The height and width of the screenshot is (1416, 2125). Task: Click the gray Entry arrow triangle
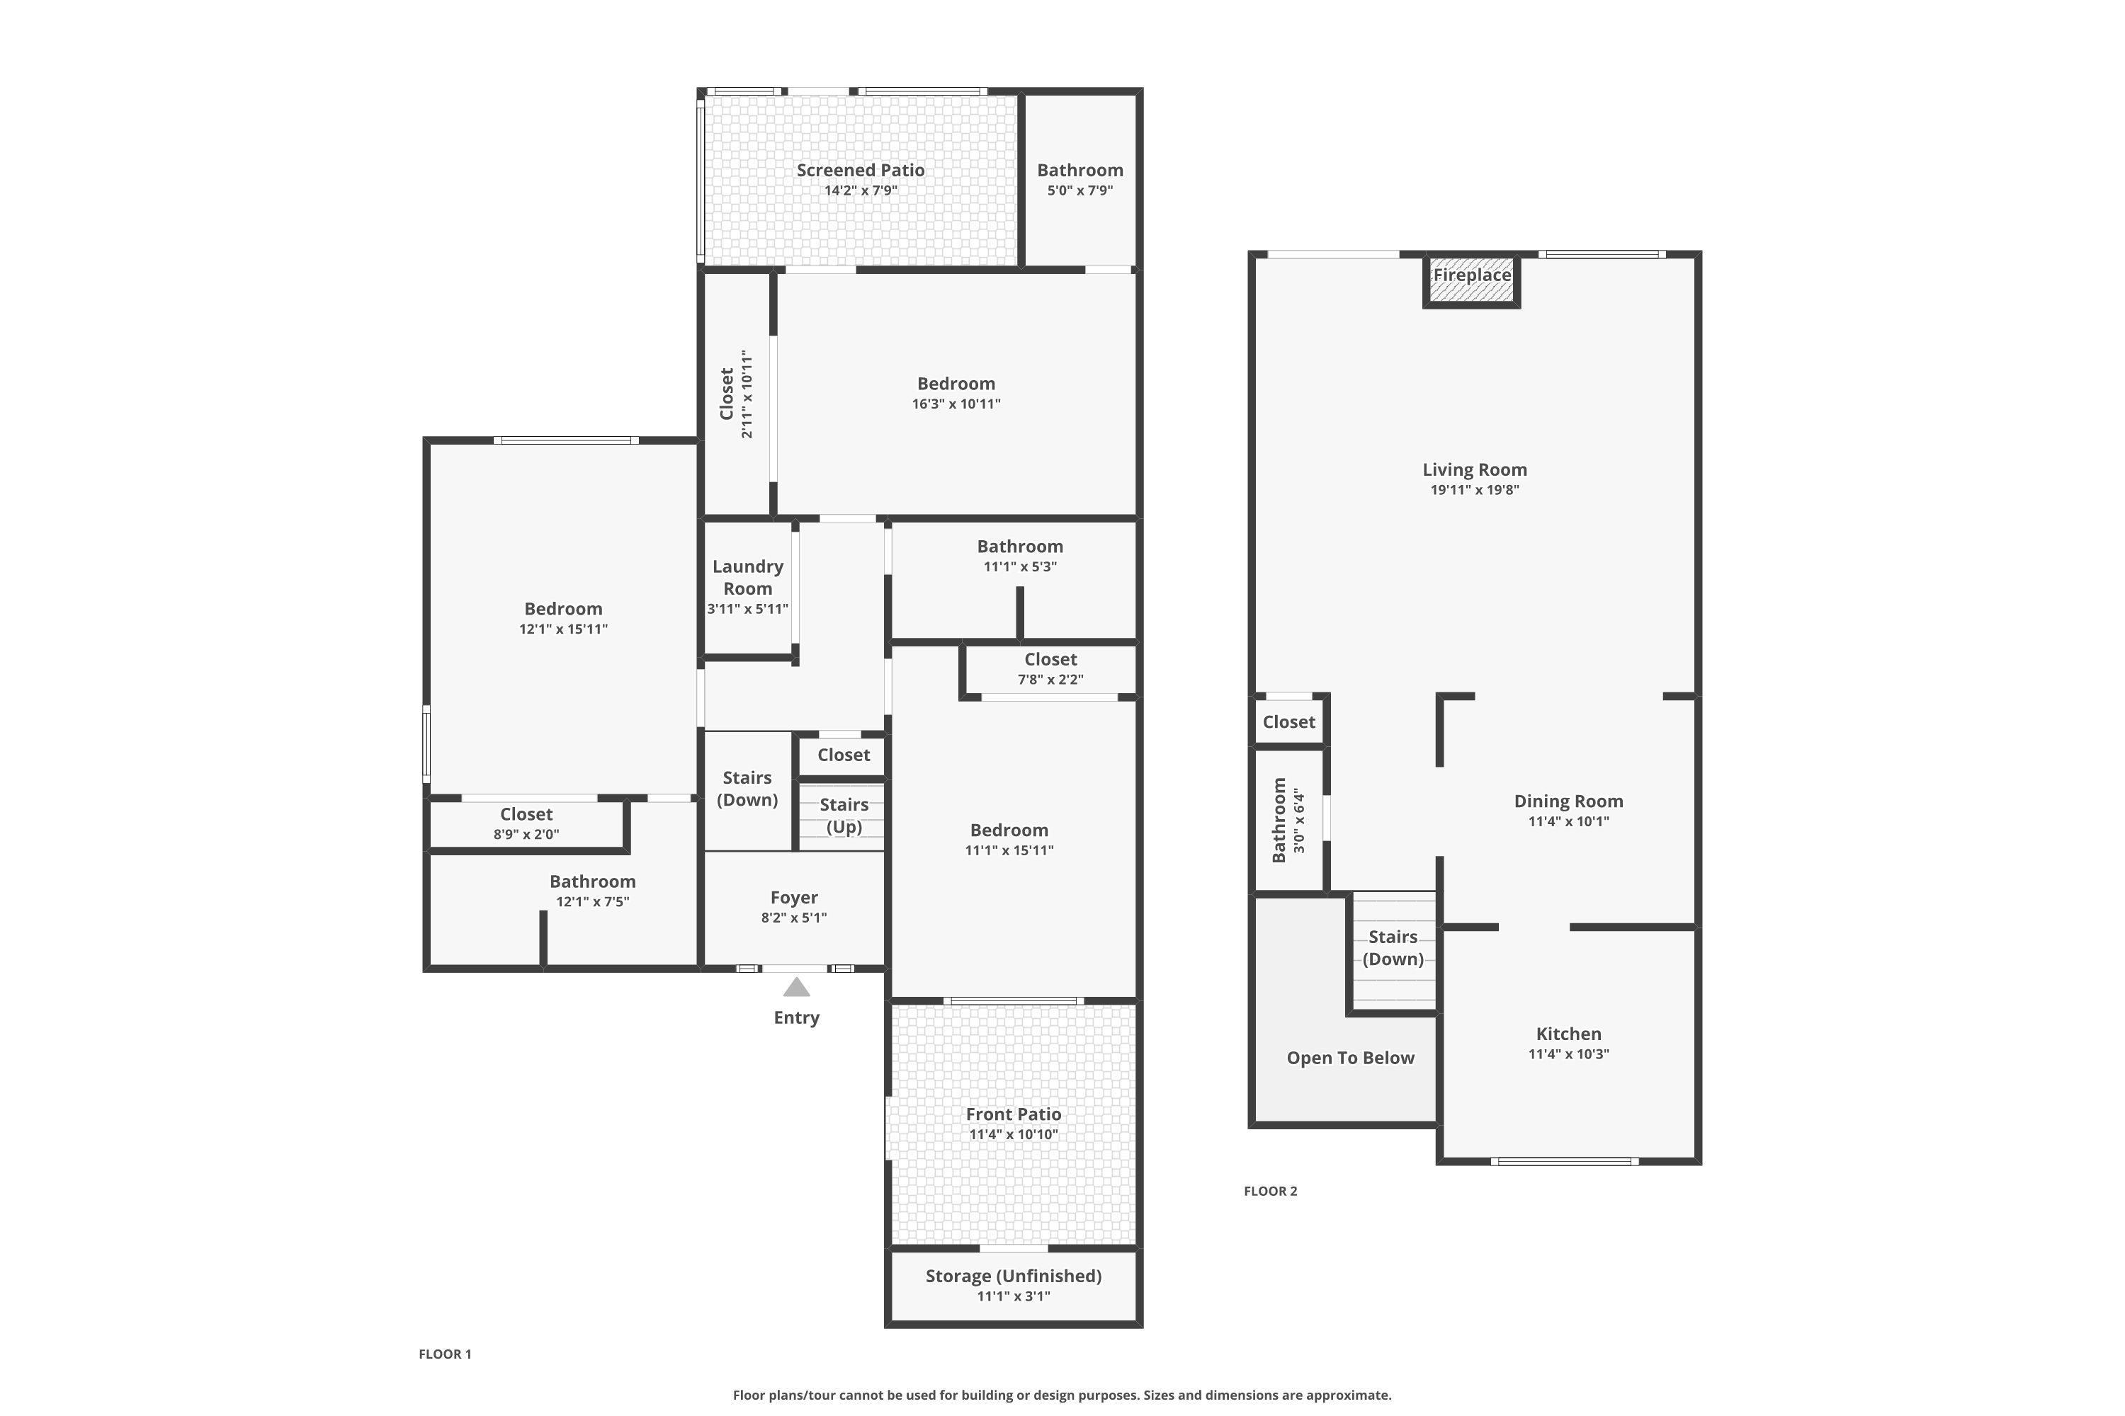click(x=796, y=987)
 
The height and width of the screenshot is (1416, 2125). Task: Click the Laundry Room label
click(x=748, y=577)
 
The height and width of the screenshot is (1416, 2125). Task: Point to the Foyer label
click(x=794, y=898)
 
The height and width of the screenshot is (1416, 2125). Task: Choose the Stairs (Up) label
click(x=844, y=816)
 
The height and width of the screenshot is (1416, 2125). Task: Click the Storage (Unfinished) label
click(x=1014, y=1276)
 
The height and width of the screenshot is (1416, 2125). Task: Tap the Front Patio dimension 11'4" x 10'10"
click(x=1014, y=1134)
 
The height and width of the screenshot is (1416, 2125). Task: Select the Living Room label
click(x=1475, y=469)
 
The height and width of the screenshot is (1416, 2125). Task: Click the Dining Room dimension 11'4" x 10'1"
click(x=1568, y=822)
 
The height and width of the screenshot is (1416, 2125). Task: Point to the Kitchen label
click(x=1568, y=1034)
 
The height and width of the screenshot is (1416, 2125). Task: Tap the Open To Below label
click(x=1351, y=1058)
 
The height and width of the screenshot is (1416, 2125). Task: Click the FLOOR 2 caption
click(x=1270, y=1191)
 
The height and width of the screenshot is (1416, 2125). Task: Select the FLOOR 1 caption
click(x=445, y=1354)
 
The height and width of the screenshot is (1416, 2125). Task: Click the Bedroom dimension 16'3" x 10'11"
click(x=956, y=404)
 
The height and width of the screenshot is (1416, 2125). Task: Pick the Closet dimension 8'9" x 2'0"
click(x=526, y=835)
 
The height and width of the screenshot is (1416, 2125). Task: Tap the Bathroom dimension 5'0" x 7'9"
click(x=1079, y=190)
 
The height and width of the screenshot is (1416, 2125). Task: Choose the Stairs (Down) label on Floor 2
click(x=1393, y=947)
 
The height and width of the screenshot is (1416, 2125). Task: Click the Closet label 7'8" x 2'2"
click(x=1050, y=659)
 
